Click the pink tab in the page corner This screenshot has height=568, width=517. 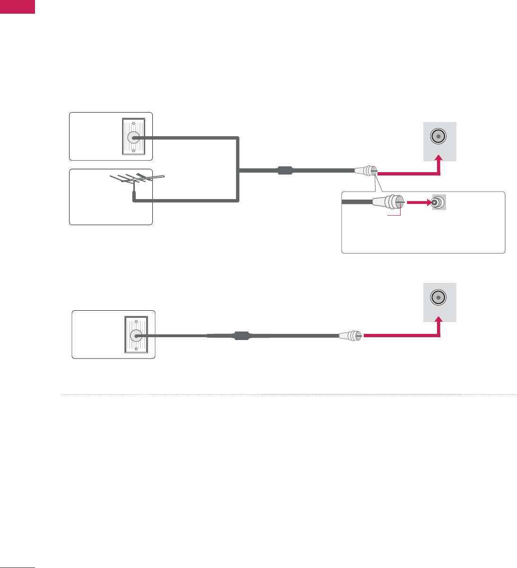click(18, 7)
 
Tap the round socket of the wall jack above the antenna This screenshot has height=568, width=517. click(133, 137)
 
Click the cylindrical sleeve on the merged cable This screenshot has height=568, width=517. click(285, 170)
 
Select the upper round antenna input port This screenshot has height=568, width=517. click(438, 136)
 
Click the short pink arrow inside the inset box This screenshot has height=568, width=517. click(418, 202)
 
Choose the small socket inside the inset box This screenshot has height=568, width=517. click(438, 202)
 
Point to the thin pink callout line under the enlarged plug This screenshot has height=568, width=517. click(395, 216)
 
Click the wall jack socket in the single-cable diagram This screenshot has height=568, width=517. click(135, 336)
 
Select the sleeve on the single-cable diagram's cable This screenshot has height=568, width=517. click(241, 336)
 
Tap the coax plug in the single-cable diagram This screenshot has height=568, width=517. click(351, 336)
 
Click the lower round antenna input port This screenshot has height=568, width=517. click(438, 297)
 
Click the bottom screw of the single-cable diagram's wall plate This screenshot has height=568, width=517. click(135, 350)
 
